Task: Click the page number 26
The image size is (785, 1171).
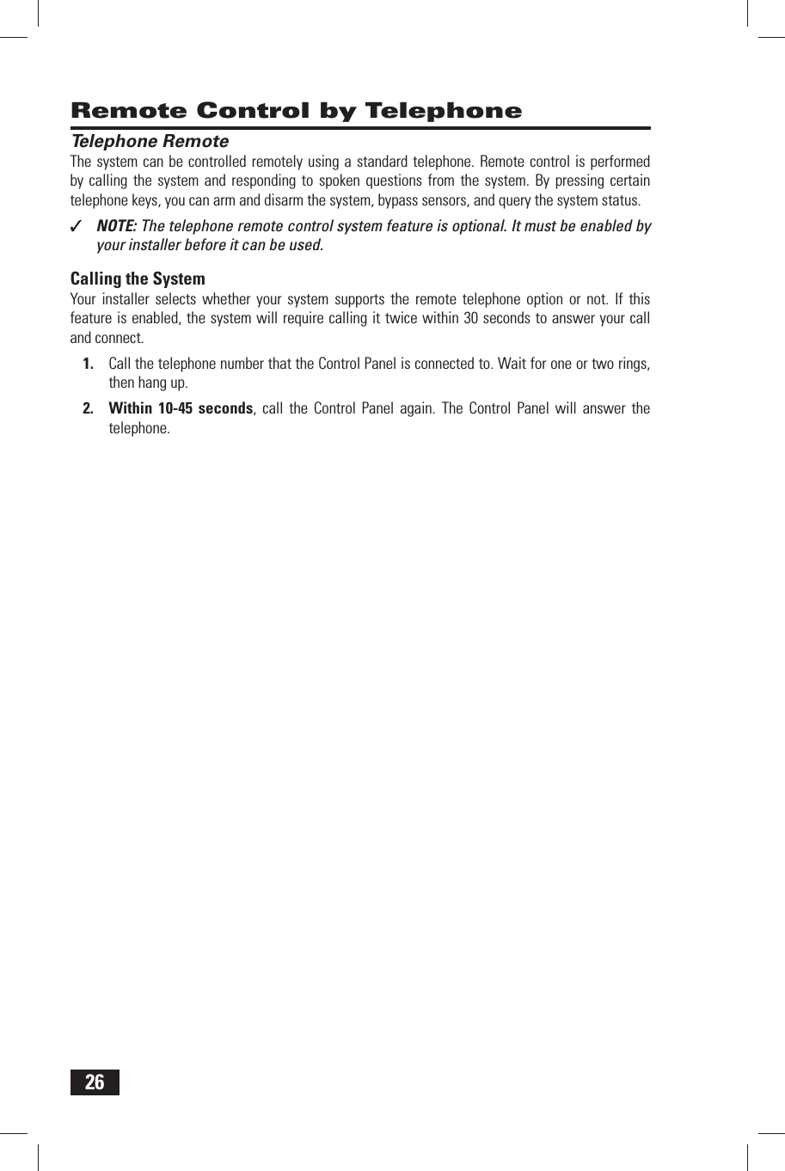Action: [95, 1082]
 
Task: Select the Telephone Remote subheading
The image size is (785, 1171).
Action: [150, 141]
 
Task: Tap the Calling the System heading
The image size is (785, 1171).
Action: [138, 279]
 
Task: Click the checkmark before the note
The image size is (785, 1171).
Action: [77, 227]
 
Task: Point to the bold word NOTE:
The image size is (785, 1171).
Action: [116, 226]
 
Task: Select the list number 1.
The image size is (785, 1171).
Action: [88, 364]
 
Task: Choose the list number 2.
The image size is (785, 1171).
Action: [88, 408]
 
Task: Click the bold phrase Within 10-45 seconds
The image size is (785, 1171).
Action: [181, 408]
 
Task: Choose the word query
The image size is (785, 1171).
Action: [490, 200]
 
